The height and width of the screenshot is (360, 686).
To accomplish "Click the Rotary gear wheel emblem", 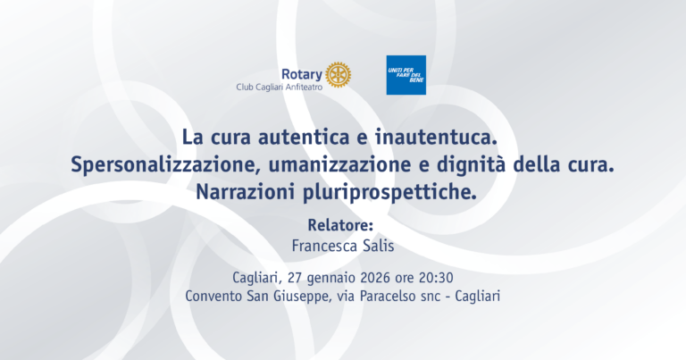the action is (339, 75).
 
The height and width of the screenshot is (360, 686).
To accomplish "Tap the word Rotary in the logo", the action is (301, 74).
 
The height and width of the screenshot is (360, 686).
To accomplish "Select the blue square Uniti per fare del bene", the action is (406, 75).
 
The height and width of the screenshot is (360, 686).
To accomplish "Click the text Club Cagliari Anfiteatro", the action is (279, 87).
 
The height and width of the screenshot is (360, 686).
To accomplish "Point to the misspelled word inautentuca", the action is (436, 137).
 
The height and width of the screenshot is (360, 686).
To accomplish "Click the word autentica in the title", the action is (304, 137).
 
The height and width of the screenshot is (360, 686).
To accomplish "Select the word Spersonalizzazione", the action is (165, 165).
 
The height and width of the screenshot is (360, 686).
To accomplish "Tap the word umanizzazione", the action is (340, 165).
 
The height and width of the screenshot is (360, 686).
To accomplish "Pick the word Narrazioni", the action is (246, 192).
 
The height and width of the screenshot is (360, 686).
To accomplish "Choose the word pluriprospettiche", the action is (389, 192).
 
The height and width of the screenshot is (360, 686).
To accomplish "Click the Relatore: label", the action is (340, 225).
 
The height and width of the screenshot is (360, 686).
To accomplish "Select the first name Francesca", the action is (324, 246).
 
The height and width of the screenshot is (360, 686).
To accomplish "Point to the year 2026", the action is (376, 277).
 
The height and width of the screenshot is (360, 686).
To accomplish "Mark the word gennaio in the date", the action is (331, 278).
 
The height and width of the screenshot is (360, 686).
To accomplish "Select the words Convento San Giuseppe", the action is (256, 297).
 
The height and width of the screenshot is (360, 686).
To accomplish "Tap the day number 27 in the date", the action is (295, 277).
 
